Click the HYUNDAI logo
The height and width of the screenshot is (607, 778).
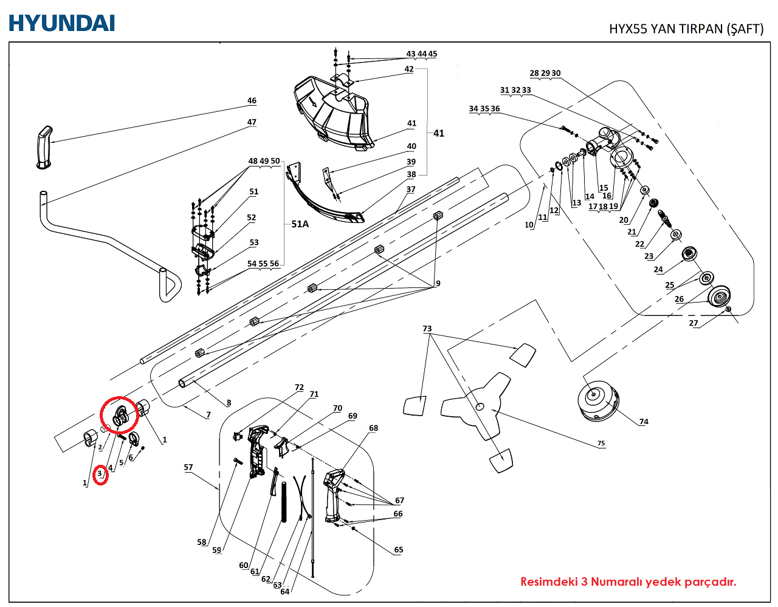pos(61,23)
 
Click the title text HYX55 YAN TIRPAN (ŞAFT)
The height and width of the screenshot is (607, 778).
pos(686,29)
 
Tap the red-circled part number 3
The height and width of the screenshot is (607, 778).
pos(100,474)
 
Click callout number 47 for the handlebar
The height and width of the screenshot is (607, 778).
pos(252,122)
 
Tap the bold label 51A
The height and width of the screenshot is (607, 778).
pos(300,224)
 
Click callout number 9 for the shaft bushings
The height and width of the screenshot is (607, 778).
pos(438,283)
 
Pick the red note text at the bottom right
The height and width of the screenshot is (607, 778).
pos(628,581)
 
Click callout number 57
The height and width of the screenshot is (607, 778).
pos(188,467)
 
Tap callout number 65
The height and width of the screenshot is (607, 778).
pos(399,550)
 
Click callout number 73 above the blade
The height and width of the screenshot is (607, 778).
pos(427,329)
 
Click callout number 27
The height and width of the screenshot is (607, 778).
pos(694,323)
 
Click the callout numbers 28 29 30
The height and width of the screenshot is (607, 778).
pos(545,73)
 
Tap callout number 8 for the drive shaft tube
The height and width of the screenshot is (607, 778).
pos(229,403)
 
